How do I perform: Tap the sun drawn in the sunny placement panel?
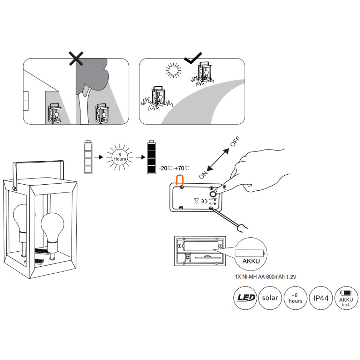[173, 70]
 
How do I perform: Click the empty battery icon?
[88, 157]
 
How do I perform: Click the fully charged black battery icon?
[151, 157]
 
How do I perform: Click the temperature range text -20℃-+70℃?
[174, 168]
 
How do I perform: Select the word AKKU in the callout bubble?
[251, 261]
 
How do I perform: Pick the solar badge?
[270, 297]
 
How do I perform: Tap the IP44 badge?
[321, 297]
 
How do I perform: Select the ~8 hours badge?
[295, 297]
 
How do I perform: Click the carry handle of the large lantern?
[39, 164]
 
